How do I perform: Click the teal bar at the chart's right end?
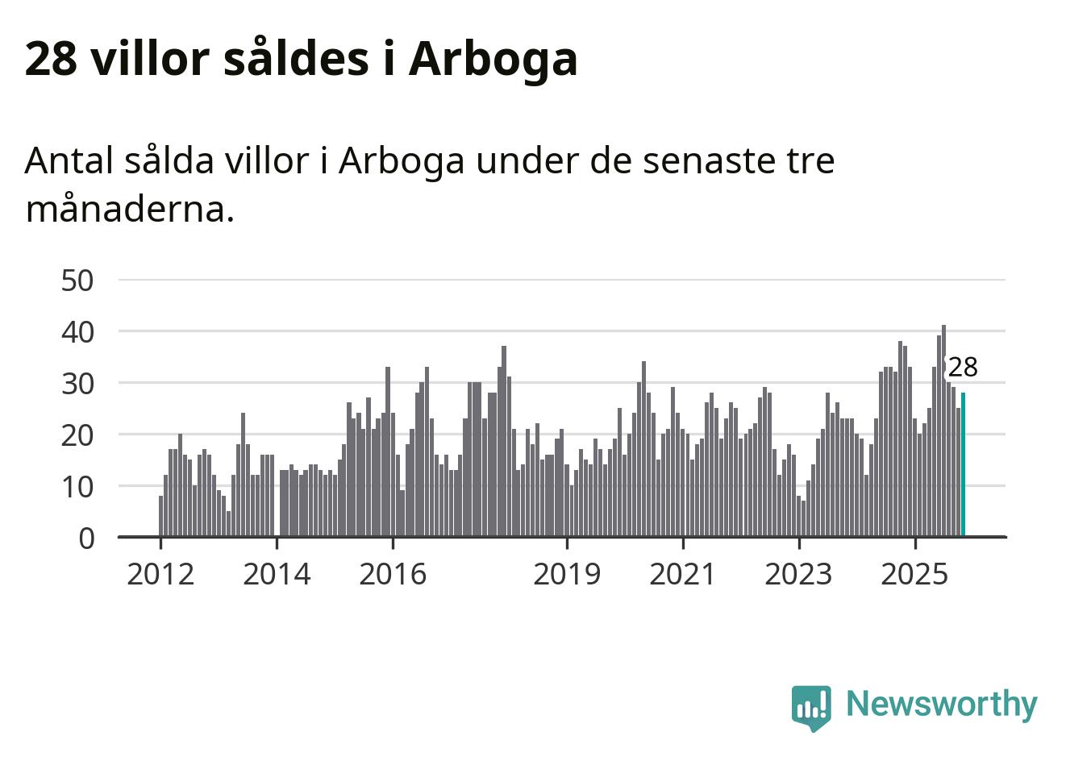[963, 464]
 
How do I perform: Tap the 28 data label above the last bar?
[962, 368]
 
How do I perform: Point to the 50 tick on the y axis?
[77, 281]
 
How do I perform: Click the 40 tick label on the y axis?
[77, 332]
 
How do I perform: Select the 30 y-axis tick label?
[77, 384]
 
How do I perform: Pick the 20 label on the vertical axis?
[77, 435]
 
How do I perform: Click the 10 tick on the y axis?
[77, 487]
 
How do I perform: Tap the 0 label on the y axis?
[86, 539]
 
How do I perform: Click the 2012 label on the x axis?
[160, 575]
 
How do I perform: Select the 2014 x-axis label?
[277, 575]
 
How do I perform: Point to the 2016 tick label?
[393, 575]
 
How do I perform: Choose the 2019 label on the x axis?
[567, 575]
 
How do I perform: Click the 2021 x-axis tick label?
[682, 575]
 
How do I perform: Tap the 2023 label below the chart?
[798, 575]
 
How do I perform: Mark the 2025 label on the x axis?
[914, 575]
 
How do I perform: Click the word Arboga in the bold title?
[493, 59]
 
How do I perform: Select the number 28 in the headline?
[51, 59]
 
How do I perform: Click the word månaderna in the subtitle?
[129, 210]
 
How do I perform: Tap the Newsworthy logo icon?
[810, 707]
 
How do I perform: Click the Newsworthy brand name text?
[941, 704]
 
